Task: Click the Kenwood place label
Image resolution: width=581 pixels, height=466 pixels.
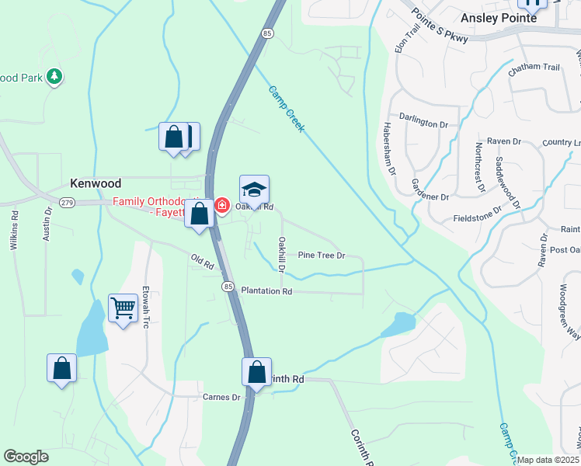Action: point(96,183)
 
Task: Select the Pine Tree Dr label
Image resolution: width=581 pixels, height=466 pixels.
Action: point(321,255)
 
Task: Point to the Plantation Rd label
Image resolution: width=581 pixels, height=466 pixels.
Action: point(266,291)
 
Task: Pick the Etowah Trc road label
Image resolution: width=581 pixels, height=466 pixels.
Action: point(145,308)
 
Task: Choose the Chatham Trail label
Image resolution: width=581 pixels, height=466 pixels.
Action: point(534,68)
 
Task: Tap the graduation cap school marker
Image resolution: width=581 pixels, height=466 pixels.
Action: point(254,190)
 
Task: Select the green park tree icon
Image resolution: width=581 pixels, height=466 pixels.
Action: point(54,76)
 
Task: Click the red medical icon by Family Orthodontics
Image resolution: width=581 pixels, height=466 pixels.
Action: point(222,206)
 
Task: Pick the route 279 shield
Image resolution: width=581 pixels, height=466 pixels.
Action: point(68,203)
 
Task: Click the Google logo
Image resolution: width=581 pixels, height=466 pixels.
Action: point(26,457)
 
